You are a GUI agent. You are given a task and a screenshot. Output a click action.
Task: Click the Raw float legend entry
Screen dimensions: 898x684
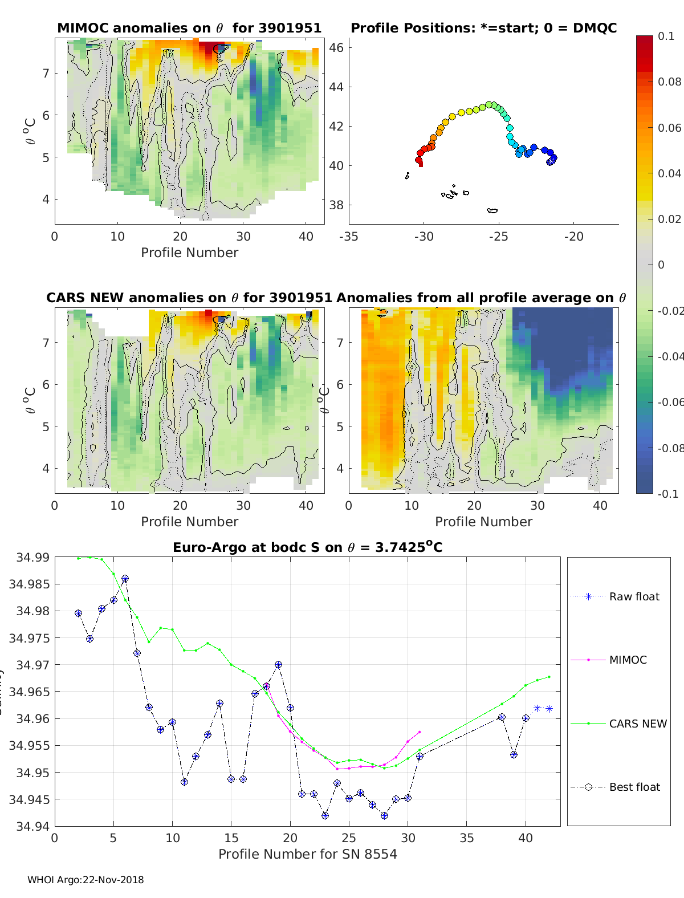click(634, 596)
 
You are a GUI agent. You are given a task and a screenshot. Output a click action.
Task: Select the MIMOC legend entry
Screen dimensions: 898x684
click(628, 660)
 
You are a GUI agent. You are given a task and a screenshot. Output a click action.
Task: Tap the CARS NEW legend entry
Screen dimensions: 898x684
click(637, 724)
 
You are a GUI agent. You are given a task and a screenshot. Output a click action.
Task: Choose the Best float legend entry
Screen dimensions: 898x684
click(634, 787)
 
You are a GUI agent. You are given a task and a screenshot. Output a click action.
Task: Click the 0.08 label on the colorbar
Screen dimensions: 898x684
click(670, 82)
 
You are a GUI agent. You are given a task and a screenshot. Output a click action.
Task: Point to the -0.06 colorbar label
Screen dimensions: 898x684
click(670, 402)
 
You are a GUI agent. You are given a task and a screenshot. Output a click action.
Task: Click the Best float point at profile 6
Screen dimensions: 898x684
click(125, 579)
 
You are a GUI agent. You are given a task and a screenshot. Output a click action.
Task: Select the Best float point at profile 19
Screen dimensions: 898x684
click(278, 665)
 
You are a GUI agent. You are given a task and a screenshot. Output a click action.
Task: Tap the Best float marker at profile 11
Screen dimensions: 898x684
click(184, 782)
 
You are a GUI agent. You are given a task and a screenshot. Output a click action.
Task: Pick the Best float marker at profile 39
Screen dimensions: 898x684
click(514, 754)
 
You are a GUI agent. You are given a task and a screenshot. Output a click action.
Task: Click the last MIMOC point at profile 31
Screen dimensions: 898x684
click(420, 732)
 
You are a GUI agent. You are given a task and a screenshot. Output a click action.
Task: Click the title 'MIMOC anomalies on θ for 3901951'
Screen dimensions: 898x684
click(189, 28)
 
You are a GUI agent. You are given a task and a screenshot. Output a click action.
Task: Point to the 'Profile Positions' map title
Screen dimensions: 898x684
click(483, 28)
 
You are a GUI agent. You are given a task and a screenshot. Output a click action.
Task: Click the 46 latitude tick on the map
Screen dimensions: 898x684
click(337, 47)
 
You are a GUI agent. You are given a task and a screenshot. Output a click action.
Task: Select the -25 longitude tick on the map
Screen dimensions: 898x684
click(498, 237)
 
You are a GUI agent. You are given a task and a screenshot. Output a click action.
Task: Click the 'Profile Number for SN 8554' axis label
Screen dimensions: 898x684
click(307, 854)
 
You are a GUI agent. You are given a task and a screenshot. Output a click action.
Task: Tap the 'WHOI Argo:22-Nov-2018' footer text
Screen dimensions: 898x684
click(85, 880)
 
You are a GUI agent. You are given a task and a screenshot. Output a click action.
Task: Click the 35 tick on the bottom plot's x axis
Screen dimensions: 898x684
click(466, 838)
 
